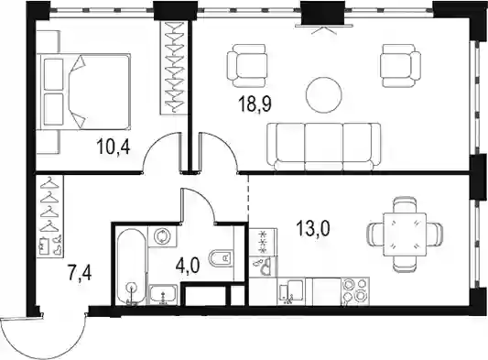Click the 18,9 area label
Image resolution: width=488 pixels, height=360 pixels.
click(x=255, y=104)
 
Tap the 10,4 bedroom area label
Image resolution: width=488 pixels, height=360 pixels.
click(x=114, y=147)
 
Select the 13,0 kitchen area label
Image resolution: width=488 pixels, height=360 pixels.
click(x=313, y=228)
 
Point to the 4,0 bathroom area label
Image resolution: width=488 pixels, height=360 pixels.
click(x=188, y=266)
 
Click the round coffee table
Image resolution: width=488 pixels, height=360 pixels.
click(x=324, y=94)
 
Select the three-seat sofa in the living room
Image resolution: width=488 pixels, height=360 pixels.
click(x=324, y=147)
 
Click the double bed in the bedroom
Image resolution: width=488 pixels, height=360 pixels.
click(x=83, y=92)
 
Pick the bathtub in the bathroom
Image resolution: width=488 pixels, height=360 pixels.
click(x=132, y=267)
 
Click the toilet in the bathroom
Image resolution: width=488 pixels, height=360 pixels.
click(x=222, y=259)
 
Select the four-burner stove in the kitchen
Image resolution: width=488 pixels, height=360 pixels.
click(x=355, y=291)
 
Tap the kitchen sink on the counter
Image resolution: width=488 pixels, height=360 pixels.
click(x=291, y=291)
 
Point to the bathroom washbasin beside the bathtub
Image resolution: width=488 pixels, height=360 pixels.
click(x=163, y=294)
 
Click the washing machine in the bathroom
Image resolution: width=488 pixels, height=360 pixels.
click(x=162, y=236)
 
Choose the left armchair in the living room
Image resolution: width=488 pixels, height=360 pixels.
click(x=247, y=65)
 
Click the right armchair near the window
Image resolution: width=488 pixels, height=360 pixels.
click(x=401, y=65)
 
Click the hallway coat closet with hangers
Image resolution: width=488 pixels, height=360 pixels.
click(x=49, y=216)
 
